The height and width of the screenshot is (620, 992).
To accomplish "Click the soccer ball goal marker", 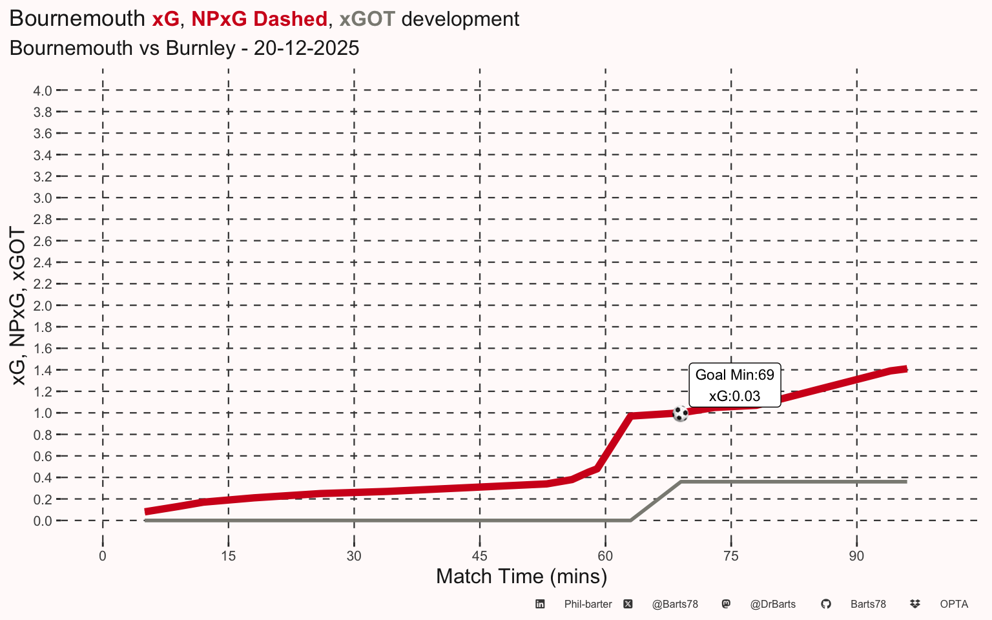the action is [680, 413].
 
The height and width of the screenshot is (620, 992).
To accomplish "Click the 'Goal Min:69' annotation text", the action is [735, 375].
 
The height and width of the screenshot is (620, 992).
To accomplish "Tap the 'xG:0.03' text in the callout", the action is [735, 396].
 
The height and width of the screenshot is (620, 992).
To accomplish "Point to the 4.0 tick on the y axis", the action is [43, 91].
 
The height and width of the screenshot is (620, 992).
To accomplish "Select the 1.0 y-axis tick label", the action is [43, 413].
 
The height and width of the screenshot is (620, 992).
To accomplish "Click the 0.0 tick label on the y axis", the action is [43, 521].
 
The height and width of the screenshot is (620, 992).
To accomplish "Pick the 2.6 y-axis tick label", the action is [43, 242].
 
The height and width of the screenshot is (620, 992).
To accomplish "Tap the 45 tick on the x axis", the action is [480, 556].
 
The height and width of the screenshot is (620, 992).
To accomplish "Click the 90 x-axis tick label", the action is [856, 556].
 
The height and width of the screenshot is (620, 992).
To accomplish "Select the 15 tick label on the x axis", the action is [229, 556].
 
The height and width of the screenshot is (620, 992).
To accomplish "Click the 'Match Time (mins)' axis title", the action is [521, 577].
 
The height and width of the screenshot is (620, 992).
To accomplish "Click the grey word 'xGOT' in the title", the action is [367, 19].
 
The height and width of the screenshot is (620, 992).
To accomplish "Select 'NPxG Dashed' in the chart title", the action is [259, 19].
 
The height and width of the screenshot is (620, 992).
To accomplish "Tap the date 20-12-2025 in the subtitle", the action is [306, 48].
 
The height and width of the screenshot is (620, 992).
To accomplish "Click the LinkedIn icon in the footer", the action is [540, 604].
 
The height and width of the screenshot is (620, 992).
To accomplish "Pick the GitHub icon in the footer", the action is [826, 604].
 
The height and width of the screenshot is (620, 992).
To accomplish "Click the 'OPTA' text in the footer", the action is [954, 604].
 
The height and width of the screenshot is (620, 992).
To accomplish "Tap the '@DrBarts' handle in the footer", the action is [773, 604].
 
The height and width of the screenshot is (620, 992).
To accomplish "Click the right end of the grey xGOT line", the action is [907, 481].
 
